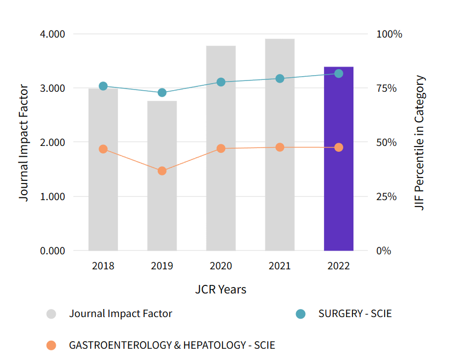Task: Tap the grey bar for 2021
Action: point(279,161)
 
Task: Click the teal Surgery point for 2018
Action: point(103,86)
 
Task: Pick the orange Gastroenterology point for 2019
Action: point(162,171)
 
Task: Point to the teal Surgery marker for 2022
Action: point(338,74)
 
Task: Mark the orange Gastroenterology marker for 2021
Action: point(279,147)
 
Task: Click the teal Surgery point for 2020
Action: point(221,82)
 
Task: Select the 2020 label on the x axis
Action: point(221,266)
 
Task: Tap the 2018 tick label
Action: point(103,266)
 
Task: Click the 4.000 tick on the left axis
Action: point(53,34)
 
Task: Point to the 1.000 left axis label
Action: point(53,197)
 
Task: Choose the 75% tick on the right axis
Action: point(389,89)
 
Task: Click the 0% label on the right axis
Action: point(383,251)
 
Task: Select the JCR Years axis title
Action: point(221,290)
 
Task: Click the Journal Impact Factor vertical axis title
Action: point(24,142)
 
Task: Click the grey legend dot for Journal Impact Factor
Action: point(51,314)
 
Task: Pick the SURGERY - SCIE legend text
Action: point(355,314)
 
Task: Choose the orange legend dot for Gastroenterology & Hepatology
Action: point(51,346)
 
